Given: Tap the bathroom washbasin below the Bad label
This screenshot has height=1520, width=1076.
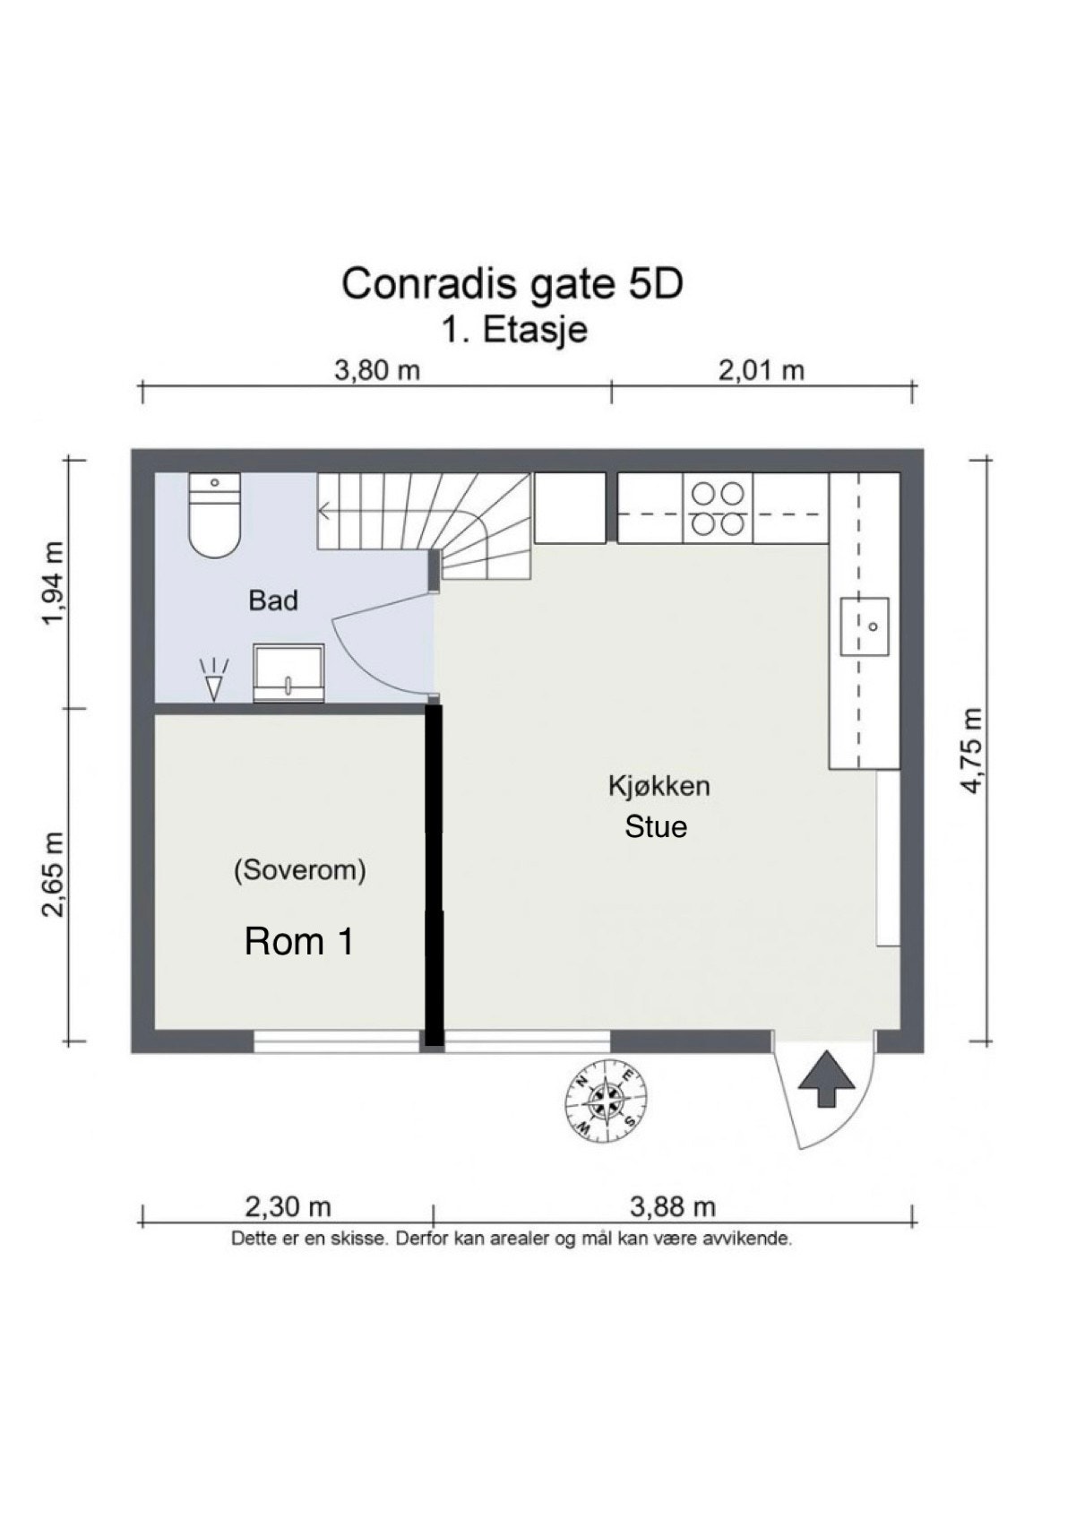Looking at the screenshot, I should coord(288,672).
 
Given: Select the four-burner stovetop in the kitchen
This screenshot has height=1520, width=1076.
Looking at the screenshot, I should coord(719,508).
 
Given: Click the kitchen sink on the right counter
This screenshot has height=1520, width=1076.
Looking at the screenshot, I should coord(865,626).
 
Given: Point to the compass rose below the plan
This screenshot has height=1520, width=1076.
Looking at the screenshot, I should coord(607,1101).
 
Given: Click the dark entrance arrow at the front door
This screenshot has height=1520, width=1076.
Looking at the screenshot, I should coord(825,1080).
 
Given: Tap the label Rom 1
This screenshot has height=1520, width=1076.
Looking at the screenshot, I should coord(299,941).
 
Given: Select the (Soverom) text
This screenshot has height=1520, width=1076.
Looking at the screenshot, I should coord(299,870).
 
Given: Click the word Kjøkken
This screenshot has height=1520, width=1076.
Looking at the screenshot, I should coord(659,786).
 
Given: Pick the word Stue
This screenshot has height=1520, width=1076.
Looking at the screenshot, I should coord(656,826).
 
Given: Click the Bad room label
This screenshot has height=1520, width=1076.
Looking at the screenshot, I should coord(273,600).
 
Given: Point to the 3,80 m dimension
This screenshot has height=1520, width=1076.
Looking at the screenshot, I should coord(377,369).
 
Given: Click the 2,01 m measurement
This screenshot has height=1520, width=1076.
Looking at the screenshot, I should coord(762,369).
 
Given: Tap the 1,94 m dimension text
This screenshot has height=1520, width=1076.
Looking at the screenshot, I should coord(55,584).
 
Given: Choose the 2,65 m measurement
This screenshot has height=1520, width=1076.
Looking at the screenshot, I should coord(55,875).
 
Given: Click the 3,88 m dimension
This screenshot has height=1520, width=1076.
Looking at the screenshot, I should coord(673,1207).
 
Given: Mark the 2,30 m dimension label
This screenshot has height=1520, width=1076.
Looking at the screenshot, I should coord(288,1207).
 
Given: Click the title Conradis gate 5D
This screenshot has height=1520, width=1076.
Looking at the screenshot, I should coord(512,284).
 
